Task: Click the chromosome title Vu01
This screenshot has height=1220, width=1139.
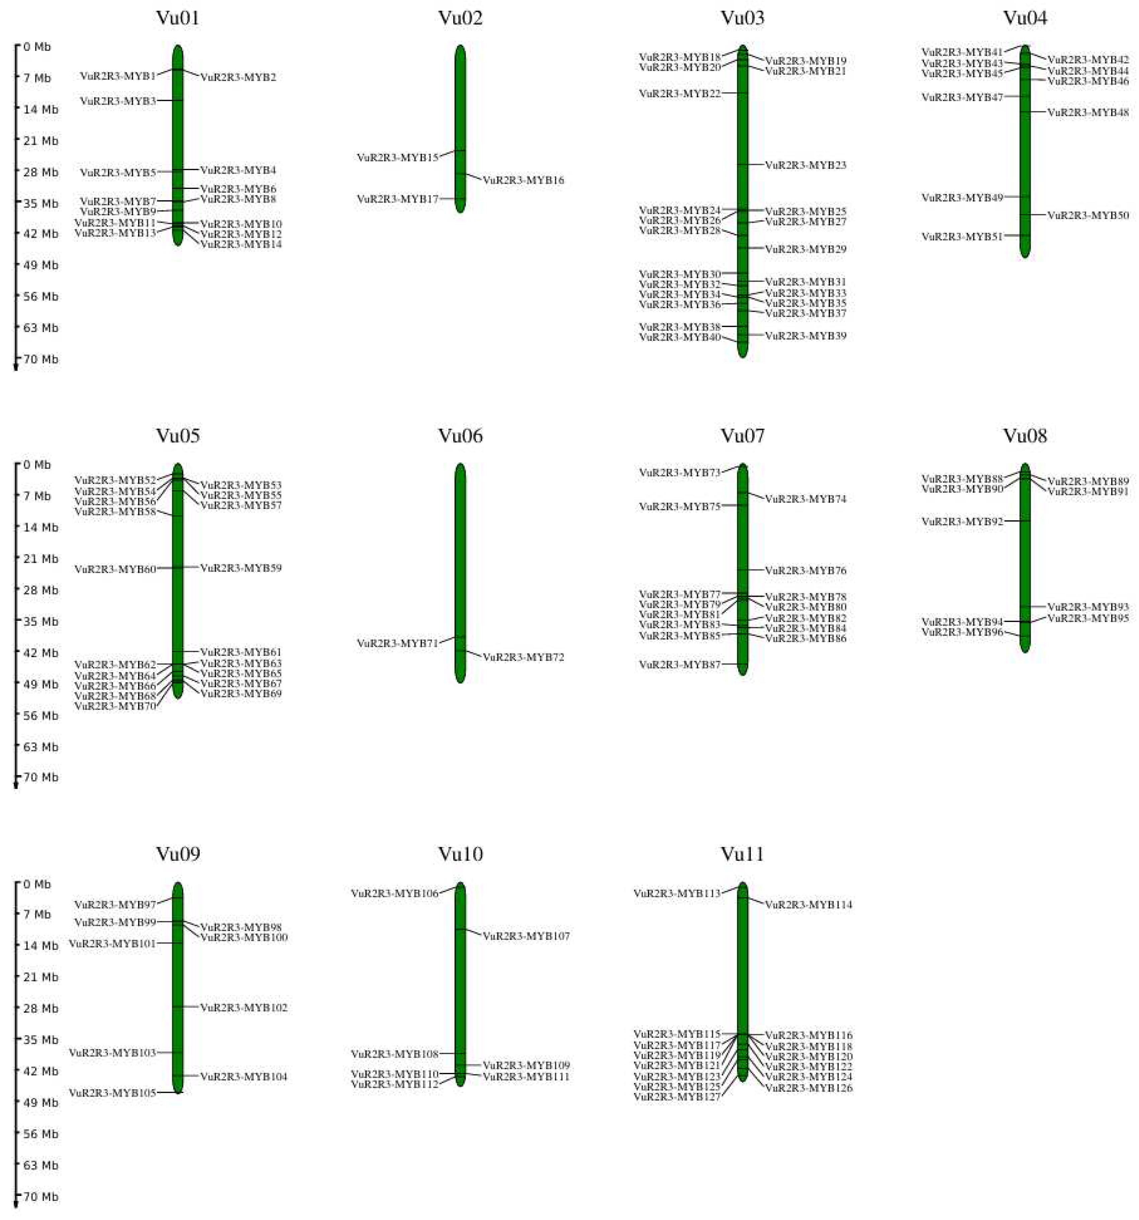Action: (178, 18)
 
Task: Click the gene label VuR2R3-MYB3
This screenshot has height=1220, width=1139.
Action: (118, 101)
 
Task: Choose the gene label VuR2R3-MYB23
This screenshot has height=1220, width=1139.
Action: (805, 165)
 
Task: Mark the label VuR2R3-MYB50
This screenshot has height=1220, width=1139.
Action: (1087, 215)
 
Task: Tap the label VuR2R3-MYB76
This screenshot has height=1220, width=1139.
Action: (805, 571)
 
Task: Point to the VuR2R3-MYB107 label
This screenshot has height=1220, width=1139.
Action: (526, 936)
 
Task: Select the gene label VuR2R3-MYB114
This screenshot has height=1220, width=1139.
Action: (808, 905)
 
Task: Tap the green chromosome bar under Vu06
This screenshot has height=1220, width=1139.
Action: (460, 552)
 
